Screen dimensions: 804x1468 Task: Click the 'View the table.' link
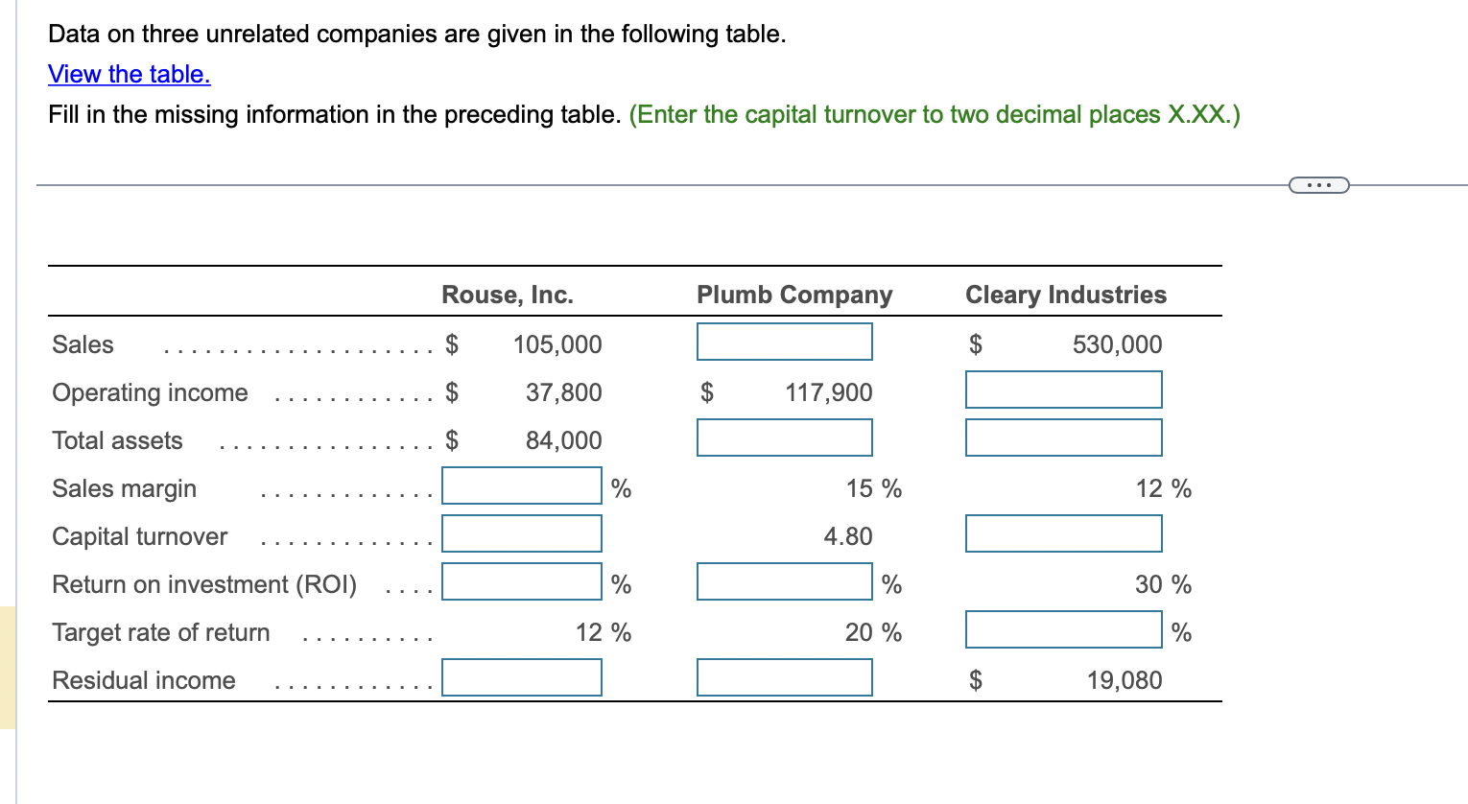(130, 74)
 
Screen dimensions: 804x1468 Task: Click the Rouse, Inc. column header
(507, 295)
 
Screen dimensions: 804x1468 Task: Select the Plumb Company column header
(794, 295)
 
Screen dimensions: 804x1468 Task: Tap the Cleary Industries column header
(1065, 295)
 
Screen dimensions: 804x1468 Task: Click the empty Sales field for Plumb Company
(784, 342)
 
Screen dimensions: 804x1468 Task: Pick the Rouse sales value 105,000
(557, 344)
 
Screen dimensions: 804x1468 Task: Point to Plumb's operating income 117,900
(828, 392)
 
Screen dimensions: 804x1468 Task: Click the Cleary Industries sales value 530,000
(1117, 344)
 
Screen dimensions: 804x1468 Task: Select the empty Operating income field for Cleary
(1063, 390)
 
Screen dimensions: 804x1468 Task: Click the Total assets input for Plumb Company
(784, 437)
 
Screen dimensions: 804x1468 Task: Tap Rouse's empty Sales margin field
(521, 485)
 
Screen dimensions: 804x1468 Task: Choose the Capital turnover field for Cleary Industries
(1063, 533)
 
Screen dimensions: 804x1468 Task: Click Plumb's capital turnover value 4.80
(848, 536)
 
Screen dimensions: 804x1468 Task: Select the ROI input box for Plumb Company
(784, 581)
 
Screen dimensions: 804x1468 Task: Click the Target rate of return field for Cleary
(1063, 629)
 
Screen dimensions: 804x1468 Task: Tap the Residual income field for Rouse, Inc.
(521, 677)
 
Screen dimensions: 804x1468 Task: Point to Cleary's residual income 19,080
(1124, 680)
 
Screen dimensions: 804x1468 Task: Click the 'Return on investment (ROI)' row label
(204, 584)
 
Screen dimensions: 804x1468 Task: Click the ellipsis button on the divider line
(1318, 184)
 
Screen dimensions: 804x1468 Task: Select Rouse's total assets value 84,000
(563, 440)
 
